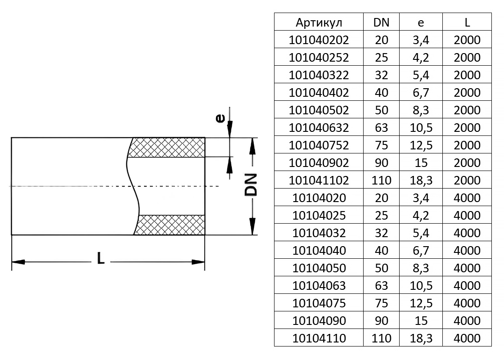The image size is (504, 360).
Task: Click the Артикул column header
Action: tap(319, 22)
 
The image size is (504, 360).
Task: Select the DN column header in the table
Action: tap(381, 22)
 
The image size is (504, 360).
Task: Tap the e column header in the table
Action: tap(421, 22)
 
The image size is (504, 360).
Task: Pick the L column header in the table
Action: tap(467, 22)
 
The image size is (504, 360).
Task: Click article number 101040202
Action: tap(319, 40)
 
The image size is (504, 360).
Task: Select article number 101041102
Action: tap(319, 180)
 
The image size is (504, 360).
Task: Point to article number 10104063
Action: tap(319, 286)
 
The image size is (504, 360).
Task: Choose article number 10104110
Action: tap(319, 338)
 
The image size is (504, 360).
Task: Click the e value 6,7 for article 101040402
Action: tap(421, 93)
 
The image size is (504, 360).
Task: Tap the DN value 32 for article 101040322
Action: tap(381, 75)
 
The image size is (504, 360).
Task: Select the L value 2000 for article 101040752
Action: tap(467, 145)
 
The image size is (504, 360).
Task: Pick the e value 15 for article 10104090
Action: tap(421, 321)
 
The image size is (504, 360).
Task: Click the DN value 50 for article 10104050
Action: tap(381, 268)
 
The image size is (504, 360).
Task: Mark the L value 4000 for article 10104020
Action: tap(467, 198)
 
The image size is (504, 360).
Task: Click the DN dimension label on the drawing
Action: tap(251, 184)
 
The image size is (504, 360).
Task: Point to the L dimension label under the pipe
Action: tap(101, 258)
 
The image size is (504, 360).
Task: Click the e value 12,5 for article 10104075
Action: tap(421, 303)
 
